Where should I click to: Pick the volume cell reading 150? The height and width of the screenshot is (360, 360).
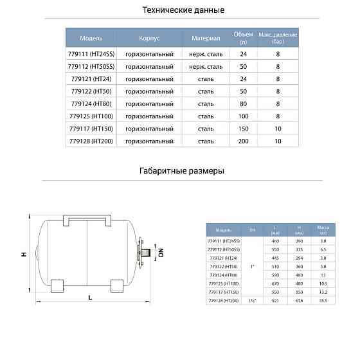tap(243, 129)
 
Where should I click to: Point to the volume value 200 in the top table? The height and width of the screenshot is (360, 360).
tap(243, 140)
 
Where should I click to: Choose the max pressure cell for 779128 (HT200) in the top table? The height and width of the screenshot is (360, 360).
tap(278, 140)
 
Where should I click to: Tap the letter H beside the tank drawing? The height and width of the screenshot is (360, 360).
tap(23, 255)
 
